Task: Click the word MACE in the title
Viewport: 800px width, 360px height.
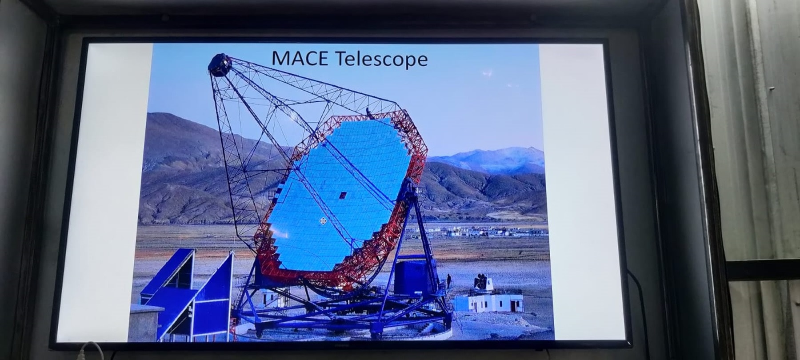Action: (299, 58)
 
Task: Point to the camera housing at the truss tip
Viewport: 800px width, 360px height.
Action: (221, 65)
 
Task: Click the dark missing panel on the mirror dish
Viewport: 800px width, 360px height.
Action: (343, 196)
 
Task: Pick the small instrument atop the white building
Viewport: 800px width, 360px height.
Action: (483, 281)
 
